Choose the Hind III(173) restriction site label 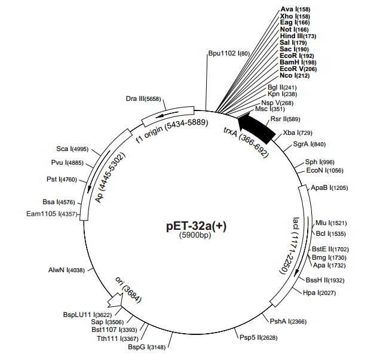[x=298, y=36]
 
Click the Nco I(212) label [x=295, y=75]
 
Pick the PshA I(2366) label [x=288, y=321]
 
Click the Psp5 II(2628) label [x=255, y=338]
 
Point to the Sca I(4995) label [x=72, y=149]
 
